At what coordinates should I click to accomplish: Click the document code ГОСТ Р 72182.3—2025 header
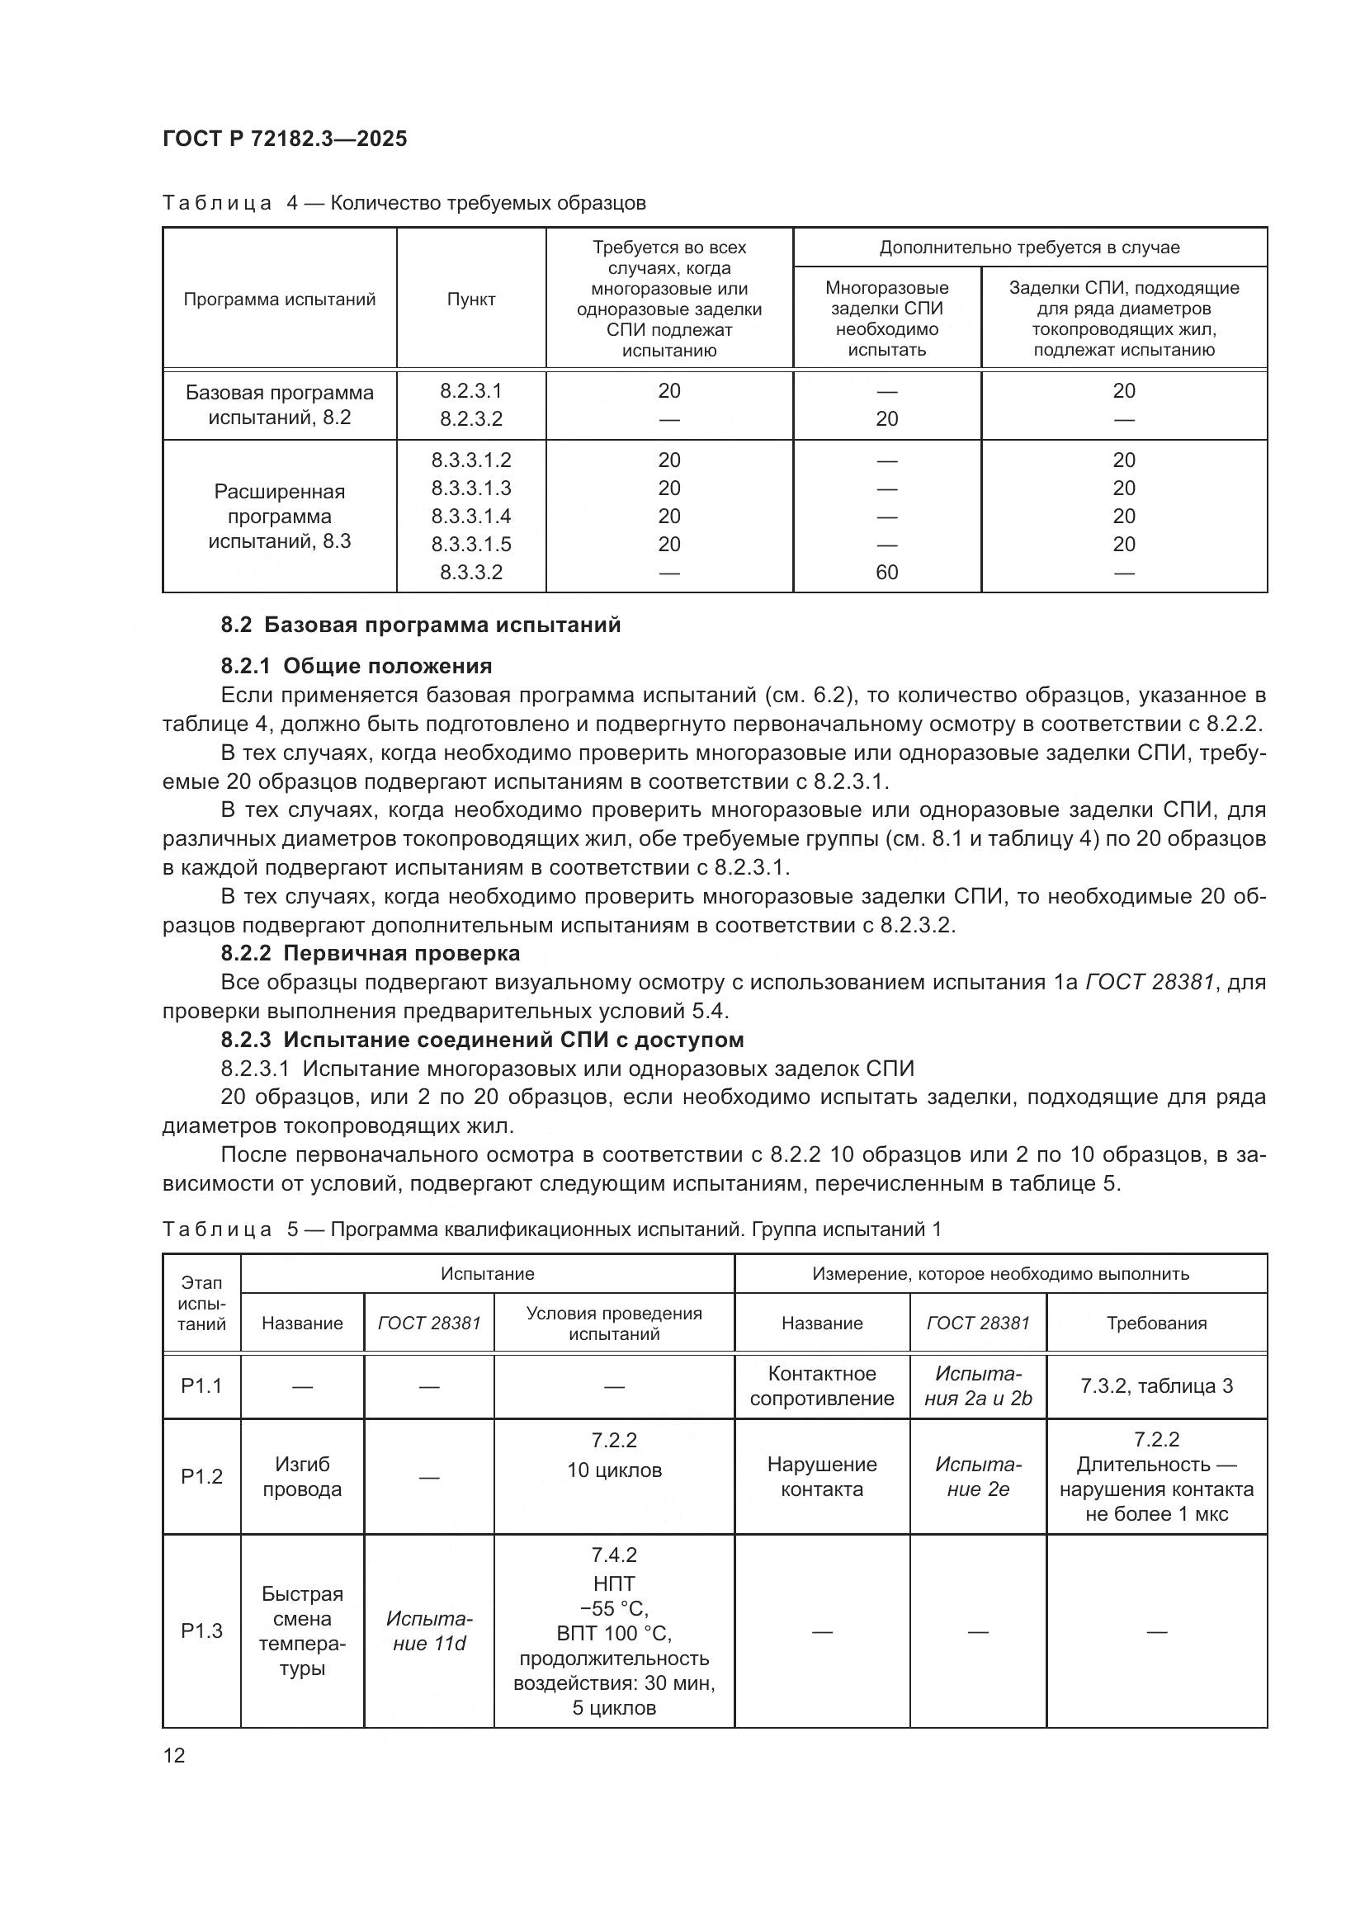285,139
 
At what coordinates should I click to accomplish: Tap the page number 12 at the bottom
174,1755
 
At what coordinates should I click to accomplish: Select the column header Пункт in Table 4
470,300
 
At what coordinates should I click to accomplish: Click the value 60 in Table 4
886,573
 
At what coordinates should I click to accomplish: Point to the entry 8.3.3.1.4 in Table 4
470,516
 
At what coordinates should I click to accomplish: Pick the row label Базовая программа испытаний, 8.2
279,405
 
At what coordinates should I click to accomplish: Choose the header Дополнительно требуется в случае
1029,248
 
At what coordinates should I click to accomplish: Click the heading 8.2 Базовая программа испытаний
420,625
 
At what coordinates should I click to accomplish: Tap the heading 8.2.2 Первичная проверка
370,953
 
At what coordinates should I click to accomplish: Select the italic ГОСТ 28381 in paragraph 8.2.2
1150,982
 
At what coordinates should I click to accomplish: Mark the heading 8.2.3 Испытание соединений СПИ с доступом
482,1040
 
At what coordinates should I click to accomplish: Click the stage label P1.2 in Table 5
201,1476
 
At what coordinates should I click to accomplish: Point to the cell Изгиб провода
302,1476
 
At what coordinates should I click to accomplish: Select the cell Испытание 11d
428,1630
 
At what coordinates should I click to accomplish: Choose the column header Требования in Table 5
1155,1323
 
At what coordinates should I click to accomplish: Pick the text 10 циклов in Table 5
613,1470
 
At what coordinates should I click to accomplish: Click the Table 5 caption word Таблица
217,1229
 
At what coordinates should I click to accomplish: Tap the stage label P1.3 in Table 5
201,1630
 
